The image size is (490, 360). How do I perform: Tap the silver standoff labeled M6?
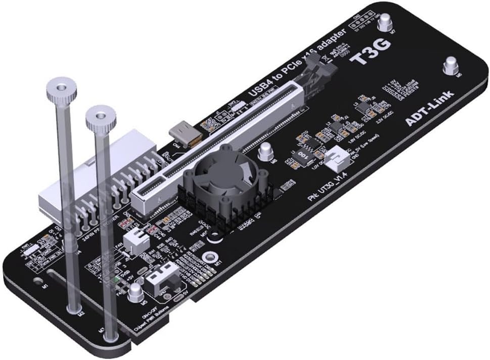[450, 66]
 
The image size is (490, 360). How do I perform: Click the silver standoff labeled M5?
[136, 292]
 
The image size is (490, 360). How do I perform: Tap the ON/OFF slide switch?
[162, 276]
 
